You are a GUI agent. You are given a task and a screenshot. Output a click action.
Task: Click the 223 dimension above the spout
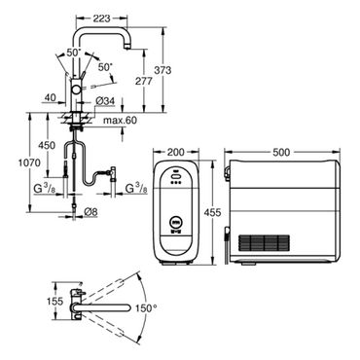[101, 18]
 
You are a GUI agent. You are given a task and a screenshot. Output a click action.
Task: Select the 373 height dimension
[162, 70]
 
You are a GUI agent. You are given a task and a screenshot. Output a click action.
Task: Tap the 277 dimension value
[143, 81]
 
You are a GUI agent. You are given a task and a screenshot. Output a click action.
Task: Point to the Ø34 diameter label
[105, 101]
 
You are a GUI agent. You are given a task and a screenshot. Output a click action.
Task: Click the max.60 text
[120, 121]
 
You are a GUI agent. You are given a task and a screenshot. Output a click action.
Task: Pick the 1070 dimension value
[29, 162]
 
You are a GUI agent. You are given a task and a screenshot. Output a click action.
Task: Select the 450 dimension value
[47, 146]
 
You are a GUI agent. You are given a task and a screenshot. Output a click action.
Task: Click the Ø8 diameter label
[90, 212]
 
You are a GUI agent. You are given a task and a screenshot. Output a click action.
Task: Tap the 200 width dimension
[175, 152]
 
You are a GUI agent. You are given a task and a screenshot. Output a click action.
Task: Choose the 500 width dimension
[281, 152]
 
